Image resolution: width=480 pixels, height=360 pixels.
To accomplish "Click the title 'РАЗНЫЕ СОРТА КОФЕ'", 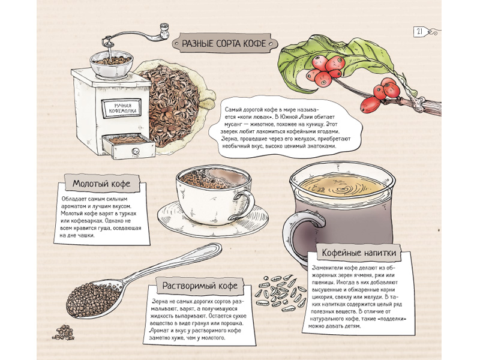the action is [224, 43].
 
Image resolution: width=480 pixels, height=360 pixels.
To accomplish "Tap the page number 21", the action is [419, 31].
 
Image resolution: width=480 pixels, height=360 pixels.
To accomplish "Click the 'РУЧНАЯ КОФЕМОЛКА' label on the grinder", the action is [122, 109].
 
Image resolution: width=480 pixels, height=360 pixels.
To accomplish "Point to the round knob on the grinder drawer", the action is [135, 151].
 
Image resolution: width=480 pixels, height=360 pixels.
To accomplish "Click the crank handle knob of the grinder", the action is [164, 31].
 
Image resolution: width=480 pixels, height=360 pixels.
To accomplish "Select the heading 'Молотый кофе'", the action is [101, 184].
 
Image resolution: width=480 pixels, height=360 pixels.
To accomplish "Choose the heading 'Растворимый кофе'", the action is [200, 286].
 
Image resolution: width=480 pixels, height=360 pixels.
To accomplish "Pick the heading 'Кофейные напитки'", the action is [359, 253].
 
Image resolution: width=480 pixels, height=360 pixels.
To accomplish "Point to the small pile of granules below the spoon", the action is [64, 332].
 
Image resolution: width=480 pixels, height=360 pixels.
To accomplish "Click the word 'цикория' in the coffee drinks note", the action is [323, 296].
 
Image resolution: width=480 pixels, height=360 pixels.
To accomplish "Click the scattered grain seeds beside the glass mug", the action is [279, 293].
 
